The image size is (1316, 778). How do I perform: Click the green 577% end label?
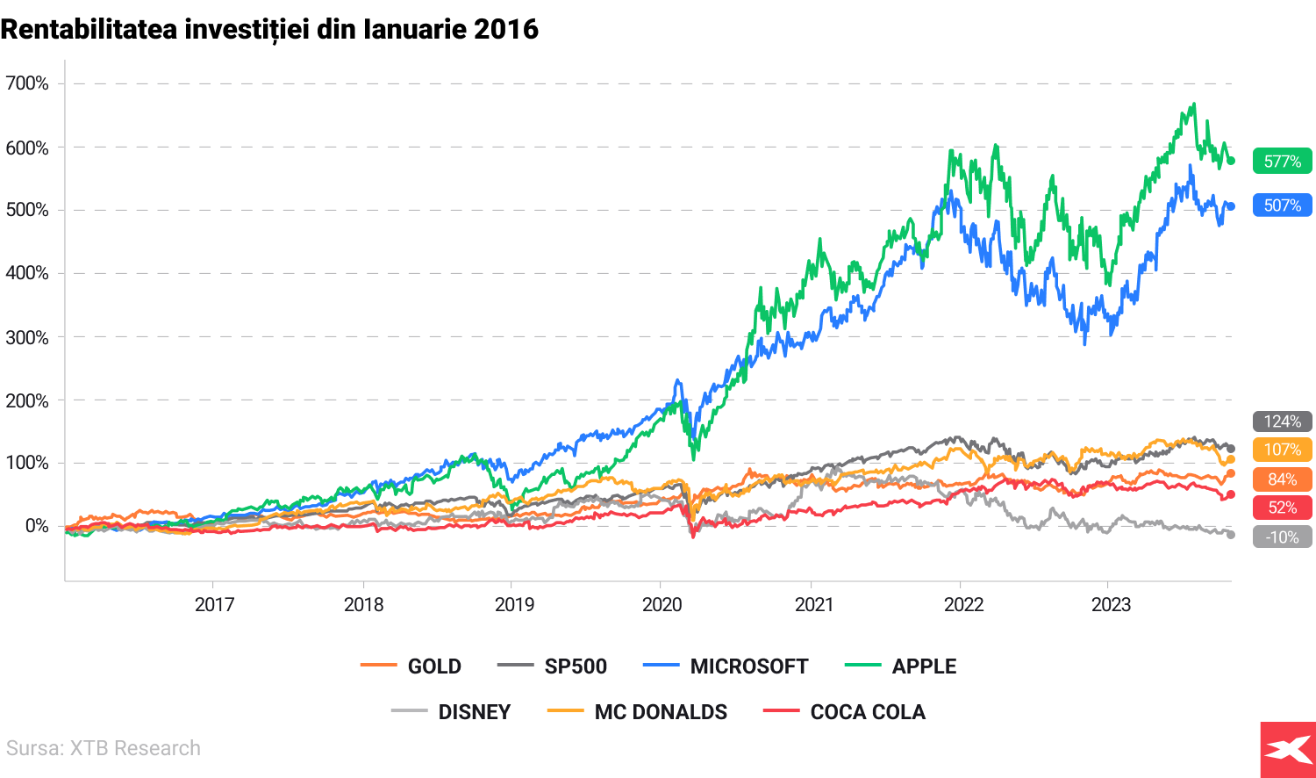click(1282, 162)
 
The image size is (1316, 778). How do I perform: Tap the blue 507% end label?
click(1282, 205)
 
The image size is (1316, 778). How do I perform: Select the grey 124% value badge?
click(1282, 421)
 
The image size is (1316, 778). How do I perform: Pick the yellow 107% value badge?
click(1282, 450)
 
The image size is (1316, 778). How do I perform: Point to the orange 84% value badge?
click(1282, 479)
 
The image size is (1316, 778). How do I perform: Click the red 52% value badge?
click(1282, 508)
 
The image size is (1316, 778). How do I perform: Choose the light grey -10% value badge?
click(1282, 537)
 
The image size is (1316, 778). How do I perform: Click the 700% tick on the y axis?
click(27, 84)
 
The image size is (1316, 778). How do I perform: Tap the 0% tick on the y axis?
click(37, 526)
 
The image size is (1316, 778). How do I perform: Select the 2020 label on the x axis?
click(662, 604)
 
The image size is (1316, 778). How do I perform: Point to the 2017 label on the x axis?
click(214, 604)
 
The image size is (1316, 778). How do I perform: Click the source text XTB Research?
click(104, 748)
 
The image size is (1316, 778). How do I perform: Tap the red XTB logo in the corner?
click(1287, 750)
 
